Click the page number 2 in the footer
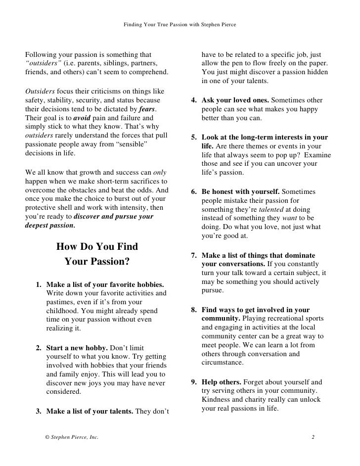pyautogui.click(x=313, y=437)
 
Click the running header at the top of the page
pyautogui.click(x=180, y=24)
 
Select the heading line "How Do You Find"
pyautogui.click(x=97, y=246)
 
